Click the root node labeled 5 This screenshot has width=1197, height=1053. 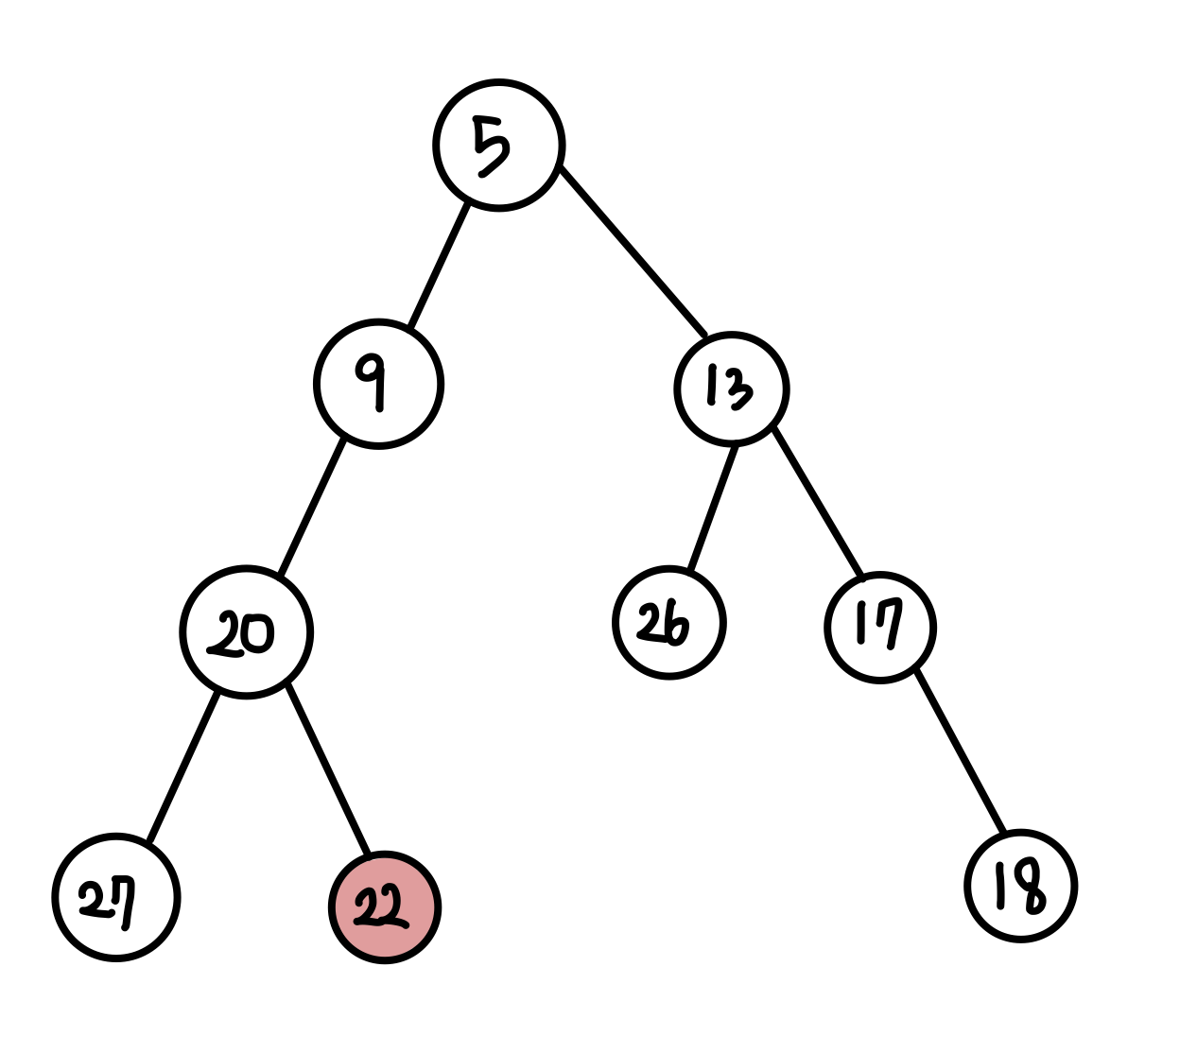click(x=499, y=146)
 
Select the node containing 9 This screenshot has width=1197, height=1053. click(x=378, y=384)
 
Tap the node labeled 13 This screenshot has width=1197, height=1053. click(x=731, y=388)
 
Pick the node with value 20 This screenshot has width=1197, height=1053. click(x=246, y=631)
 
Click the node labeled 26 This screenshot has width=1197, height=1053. click(x=668, y=623)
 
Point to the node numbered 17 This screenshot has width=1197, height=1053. click(x=879, y=627)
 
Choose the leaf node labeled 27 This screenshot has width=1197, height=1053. click(x=115, y=897)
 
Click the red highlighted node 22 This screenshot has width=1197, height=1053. click(x=384, y=907)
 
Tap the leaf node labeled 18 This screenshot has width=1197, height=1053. click(x=1020, y=886)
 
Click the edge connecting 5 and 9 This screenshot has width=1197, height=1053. click(x=439, y=266)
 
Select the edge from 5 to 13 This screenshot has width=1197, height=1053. click(x=633, y=250)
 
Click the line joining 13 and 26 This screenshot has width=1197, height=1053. click(x=713, y=509)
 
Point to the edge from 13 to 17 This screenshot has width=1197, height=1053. click(x=818, y=501)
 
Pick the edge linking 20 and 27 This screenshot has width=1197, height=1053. click(x=183, y=768)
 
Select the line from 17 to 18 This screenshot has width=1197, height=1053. click(x=960, y=751)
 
